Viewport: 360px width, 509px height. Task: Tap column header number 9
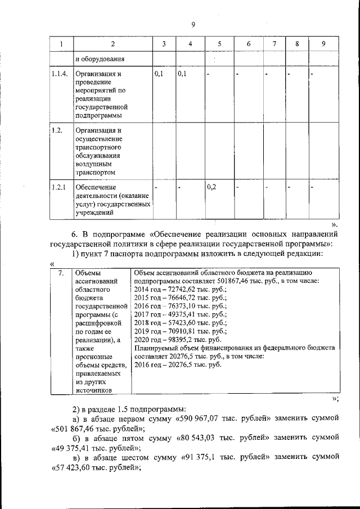coord(323,44)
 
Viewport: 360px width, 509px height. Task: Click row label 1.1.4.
coord(59,74)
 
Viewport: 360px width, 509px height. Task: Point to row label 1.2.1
coord(59,187)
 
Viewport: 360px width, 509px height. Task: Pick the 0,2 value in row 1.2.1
coord(212,187)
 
